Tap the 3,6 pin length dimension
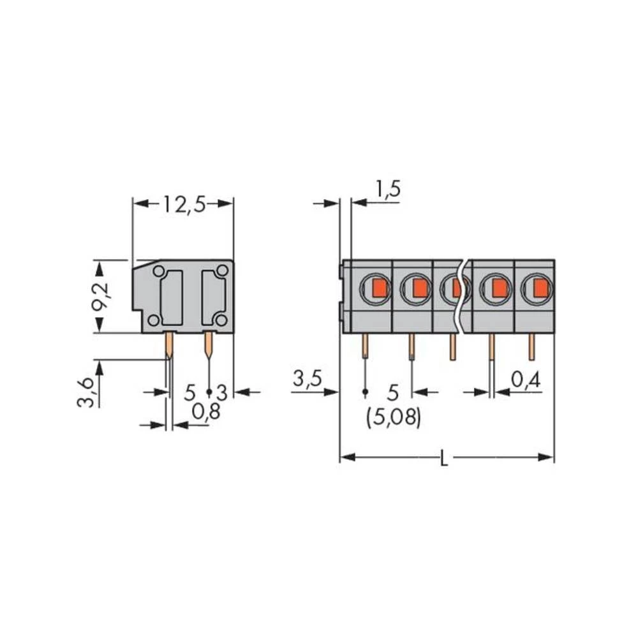pyautogui.click(x=87, y=392)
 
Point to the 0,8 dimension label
pyautogui.click(x=205, y=412)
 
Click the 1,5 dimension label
pyautogui.click(x=387, y=189)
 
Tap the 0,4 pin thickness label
pyautogui.click(x=526, y=380)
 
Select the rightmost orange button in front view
pyautogui.click(x=540, y=289)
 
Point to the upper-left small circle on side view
pyautogui.click(x=157, y=271)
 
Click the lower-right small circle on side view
pyautogui.click(x=221, y=320)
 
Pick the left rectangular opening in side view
pyautogui.click(x=172, y=297)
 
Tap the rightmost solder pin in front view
pyautogui.click(x=531, y=348)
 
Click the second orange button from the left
pyautogui.click(x=419, y=289)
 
